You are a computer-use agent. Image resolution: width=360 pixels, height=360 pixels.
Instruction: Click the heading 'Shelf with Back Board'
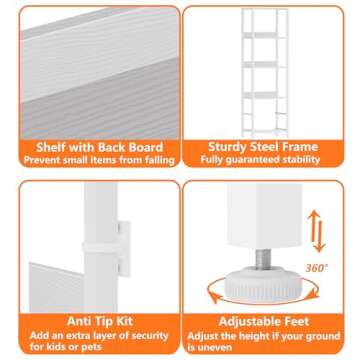pos(92,147)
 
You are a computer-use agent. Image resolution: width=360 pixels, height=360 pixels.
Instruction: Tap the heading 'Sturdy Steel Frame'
pos(268,147)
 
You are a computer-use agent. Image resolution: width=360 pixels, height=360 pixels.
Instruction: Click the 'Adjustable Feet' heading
pos(268,321)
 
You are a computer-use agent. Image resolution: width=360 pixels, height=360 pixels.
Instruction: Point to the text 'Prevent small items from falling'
pos(92,160)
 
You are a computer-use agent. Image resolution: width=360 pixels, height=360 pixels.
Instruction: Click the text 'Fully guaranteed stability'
pos(268,160)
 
